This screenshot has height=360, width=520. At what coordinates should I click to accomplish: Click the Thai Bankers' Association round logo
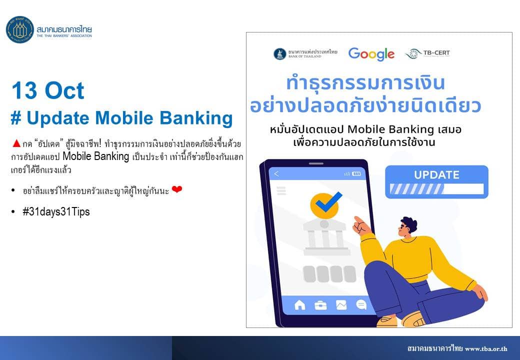tap(20, 29)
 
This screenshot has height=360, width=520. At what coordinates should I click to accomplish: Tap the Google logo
tap(371, 54)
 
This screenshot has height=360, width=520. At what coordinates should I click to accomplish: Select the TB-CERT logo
tap(427, 53)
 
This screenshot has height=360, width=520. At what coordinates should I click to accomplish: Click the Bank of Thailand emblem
tap(280, 53)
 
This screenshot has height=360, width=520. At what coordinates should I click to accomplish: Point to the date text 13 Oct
tap(48, 90)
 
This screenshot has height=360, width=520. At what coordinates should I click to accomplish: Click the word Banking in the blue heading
tap(196, 118)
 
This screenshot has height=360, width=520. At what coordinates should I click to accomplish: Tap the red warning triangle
tap(16, 143)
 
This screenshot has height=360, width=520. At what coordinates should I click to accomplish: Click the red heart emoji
tap(177, 189)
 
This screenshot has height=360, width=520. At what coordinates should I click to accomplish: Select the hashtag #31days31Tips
tap(56, 211)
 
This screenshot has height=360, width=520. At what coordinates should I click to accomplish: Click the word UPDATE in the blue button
tap(437, 174)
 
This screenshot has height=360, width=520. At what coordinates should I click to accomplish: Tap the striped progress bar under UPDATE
tap(436, 189)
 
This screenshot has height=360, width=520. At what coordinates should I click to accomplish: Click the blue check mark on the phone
tap(328, 202)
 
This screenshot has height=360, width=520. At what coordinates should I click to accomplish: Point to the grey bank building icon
tap(326, 237)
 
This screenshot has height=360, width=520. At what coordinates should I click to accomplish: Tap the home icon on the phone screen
tap(300, 304)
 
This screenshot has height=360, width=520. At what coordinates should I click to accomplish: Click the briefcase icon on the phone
tap(320, 305)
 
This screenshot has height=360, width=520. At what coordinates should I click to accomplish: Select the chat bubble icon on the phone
tap(361, 304)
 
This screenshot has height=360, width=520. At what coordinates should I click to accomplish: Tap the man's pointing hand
tap(362, 226)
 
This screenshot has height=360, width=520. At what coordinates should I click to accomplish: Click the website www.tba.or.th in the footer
tap(486, 348)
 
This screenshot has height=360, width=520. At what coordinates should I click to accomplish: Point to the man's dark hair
tap(409, 224)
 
